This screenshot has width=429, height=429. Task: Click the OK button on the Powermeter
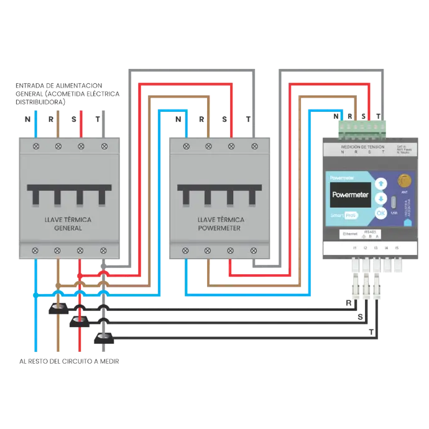[381, 213]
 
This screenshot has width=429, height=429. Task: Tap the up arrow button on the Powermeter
[381, 183]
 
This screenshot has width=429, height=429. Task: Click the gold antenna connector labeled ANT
[404, 181]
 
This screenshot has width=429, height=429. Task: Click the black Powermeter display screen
[350, 195]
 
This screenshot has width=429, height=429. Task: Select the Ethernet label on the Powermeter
[350, 234]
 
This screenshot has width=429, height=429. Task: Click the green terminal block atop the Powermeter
[361, 127]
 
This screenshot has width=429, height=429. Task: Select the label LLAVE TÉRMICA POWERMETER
[221, 224]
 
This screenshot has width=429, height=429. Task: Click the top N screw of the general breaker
[36, 146]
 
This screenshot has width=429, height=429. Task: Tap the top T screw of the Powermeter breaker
[254, 146]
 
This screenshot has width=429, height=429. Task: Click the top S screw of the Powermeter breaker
[231, 146]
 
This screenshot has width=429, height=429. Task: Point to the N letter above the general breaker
[26, 118]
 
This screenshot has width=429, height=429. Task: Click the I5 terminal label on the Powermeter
[396, 249]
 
